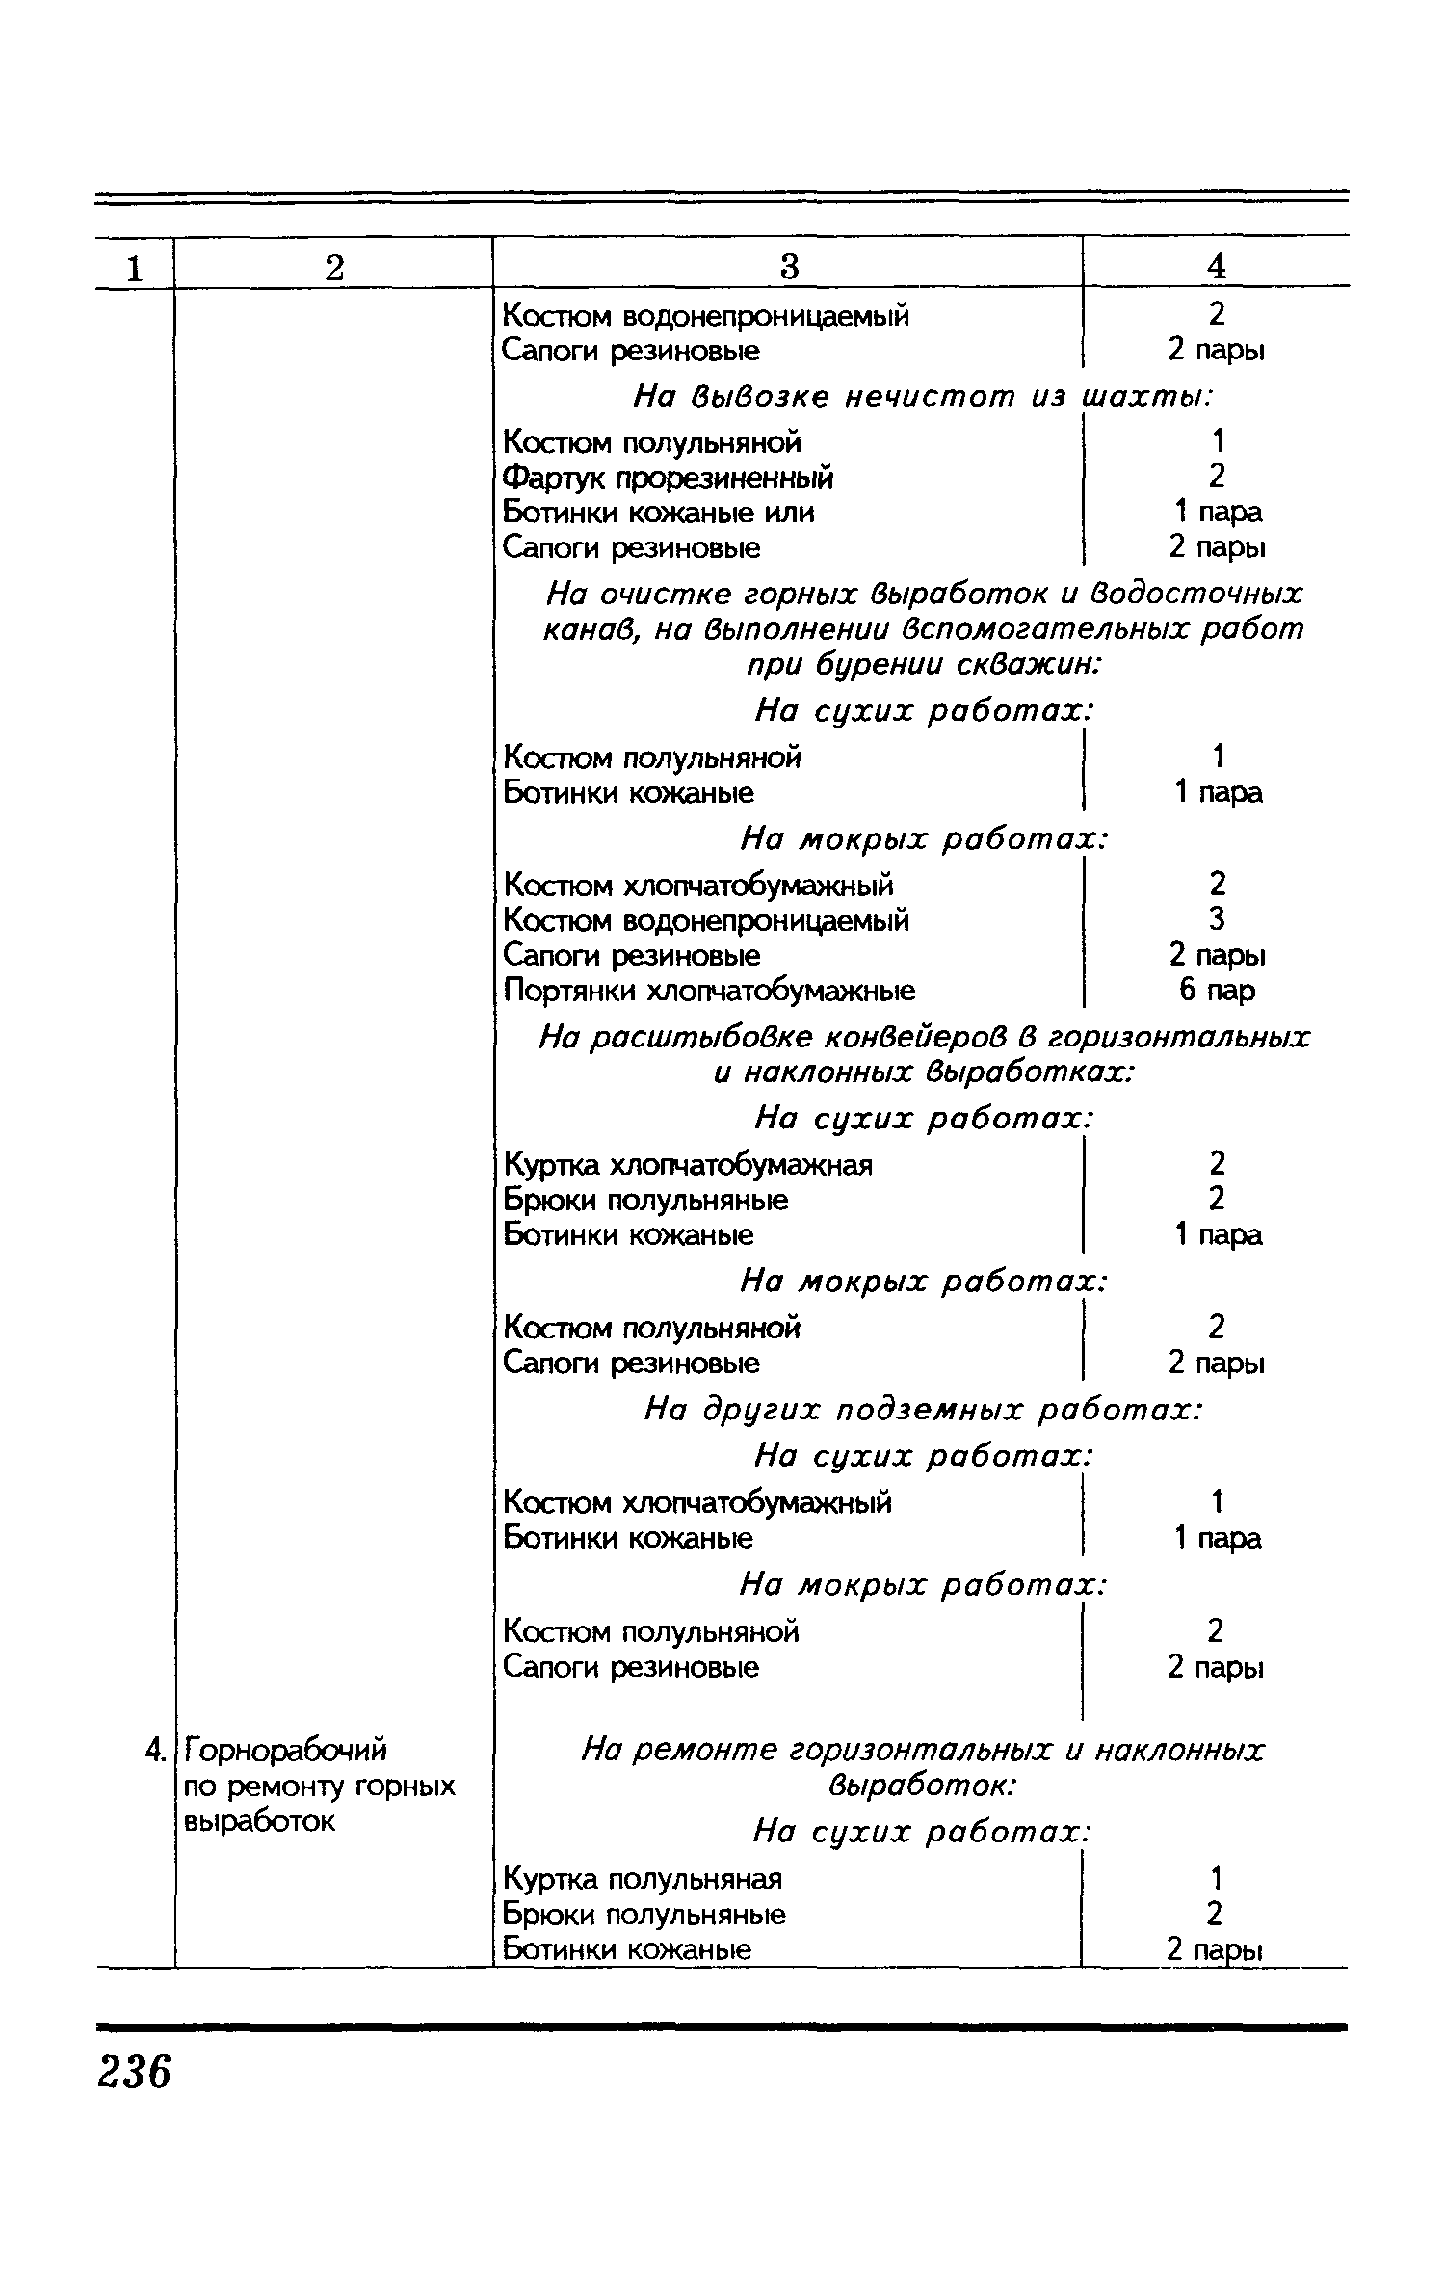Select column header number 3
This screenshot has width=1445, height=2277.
click(789, 266)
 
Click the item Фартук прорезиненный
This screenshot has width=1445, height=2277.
click(669, 478)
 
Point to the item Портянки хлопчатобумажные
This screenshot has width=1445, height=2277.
click(709, 991)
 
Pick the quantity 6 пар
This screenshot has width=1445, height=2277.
click(1217, 991)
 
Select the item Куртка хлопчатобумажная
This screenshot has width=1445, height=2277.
click(688, 1165)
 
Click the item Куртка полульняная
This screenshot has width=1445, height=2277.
click(643, 1878)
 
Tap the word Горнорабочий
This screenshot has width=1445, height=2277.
click(284, 1748)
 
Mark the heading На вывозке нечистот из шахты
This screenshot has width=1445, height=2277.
click(921, 396)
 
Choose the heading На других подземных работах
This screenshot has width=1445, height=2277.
click(923, 1411)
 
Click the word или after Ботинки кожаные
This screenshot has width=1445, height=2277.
click(789, 513)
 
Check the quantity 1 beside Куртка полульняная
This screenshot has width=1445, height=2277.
click(1216, 1878)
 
